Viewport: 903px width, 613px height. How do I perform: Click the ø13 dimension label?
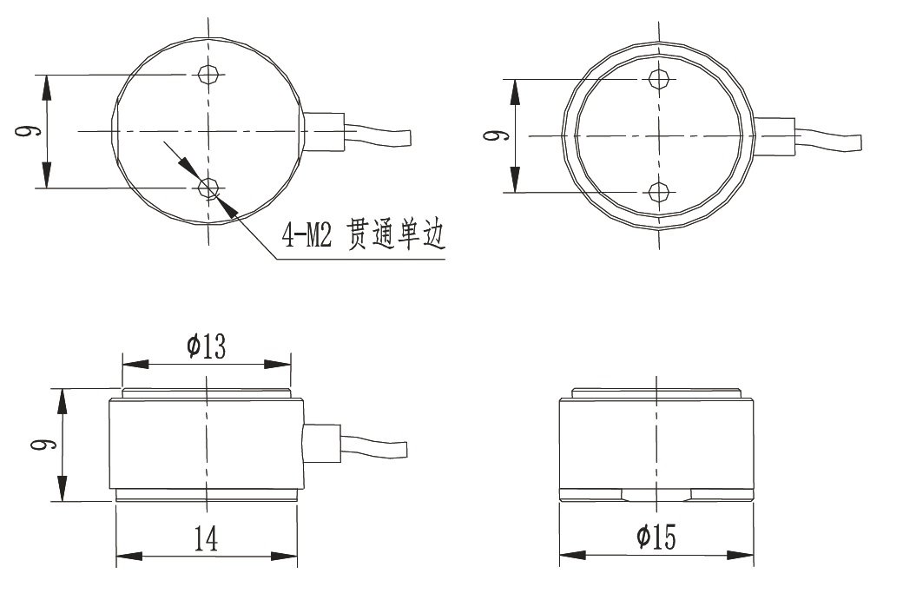click(206, 347)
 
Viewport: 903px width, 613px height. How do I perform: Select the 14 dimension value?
click(206, 539)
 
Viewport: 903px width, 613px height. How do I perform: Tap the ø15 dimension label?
click(656, 538)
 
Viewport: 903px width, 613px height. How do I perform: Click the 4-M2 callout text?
click(306, 235)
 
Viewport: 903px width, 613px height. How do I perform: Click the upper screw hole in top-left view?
click(208, 75)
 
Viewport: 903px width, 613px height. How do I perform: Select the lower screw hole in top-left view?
click(208, 188)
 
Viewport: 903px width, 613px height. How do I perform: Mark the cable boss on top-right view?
click(774, 136)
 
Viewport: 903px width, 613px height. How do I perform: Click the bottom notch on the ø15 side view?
click(657, 495)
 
